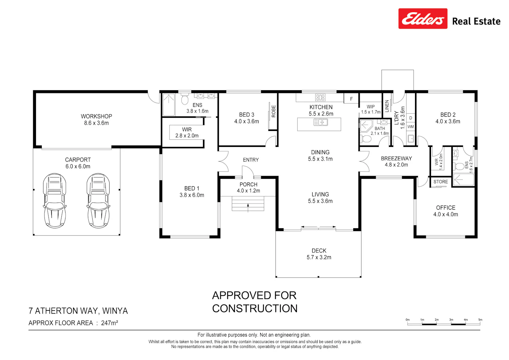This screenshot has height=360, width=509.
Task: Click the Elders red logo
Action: pos(423,19)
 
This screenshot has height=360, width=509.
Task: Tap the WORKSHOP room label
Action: pos(96,116)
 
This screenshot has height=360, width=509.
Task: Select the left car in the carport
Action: pos(55,201)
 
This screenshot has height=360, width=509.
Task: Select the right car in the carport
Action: pos(98,201)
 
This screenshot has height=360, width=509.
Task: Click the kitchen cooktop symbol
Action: pos(320,97)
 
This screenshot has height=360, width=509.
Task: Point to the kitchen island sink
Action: pos(321,122)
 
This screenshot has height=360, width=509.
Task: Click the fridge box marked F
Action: pos(351,99)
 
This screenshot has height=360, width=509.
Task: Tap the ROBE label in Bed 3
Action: pos(274,111)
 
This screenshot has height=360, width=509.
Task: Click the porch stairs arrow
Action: pos(248,208)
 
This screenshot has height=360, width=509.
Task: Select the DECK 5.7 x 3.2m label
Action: pos(319,254)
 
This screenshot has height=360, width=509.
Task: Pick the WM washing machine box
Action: pos(411,127)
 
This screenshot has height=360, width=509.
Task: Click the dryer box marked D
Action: pos(411,118)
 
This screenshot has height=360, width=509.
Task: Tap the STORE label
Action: pos(440,182)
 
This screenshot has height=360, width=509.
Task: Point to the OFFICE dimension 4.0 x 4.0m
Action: pos(446,214)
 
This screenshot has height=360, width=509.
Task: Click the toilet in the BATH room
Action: pos(365,139)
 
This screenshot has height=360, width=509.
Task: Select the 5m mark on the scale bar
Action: pos(480,320)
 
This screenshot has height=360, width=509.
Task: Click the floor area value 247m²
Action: pos(110,323)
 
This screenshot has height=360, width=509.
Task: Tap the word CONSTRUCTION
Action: pos(255,309)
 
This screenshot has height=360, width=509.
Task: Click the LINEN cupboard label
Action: pos(387,106)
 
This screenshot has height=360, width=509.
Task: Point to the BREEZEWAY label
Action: pos(397,158)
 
